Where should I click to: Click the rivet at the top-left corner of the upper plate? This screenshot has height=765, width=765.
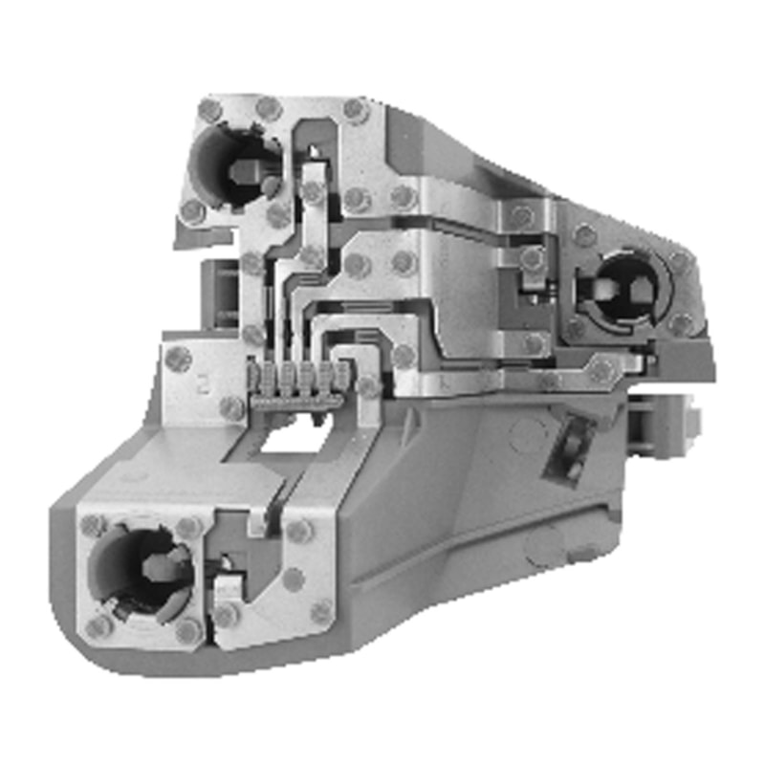pyautogui.click(x=209, y=110)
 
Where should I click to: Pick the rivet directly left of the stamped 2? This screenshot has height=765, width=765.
pyautogui.click(x=178, y=360)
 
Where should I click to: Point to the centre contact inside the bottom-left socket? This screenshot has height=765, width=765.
pyautogui.click(x=158, y=566)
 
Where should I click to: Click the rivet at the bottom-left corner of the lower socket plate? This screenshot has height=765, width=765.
pyautogui.click(x=98, y=627)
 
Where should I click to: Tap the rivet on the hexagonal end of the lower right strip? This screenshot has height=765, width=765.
pyautogui.click(x=602, y=368)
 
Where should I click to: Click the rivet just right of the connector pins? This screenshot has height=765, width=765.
pyautogui.click(x=367, y=386)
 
